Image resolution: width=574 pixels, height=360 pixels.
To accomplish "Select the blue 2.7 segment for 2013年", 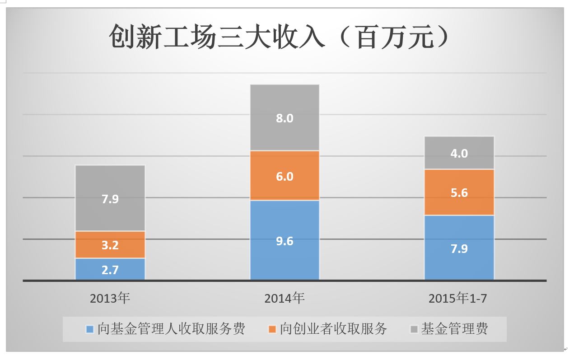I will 110,270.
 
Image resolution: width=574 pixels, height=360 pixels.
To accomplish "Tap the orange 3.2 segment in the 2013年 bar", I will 110,245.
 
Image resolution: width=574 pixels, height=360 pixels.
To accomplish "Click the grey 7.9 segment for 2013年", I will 110,198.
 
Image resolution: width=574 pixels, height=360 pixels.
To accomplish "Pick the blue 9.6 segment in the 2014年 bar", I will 285,241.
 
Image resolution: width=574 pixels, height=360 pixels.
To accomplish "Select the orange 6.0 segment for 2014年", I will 285,176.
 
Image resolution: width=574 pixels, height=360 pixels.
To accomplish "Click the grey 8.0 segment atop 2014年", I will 285,118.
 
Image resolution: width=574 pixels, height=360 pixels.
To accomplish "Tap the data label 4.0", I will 459,154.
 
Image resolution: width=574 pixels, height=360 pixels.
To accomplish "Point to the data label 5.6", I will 459,193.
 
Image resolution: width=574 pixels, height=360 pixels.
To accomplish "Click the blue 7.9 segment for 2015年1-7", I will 459,248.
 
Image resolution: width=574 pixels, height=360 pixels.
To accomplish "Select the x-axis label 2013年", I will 110,298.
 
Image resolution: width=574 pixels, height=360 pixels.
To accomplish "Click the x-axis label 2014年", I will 285,298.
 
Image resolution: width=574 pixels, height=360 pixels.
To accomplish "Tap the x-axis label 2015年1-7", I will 458,298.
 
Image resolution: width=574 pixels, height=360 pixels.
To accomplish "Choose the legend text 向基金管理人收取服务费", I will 171,329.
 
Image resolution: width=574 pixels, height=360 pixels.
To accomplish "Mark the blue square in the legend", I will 90,329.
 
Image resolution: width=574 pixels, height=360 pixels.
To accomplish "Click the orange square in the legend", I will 272,329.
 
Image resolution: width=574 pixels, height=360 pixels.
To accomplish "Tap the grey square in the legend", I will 414,329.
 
